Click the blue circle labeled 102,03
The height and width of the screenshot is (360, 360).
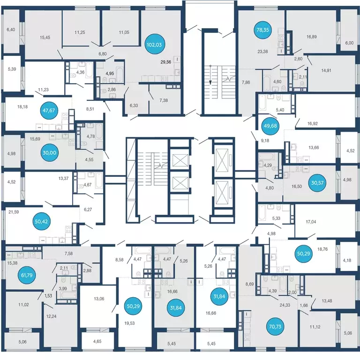pyautogui.click(x=154, y=45)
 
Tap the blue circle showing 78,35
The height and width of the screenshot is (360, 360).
pyautogui.click(x=262, y=30)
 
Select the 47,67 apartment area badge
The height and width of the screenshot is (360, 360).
pyautogui.click(x=49, y=111)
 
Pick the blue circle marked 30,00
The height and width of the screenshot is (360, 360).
pyautogui.click(x=49, y=153)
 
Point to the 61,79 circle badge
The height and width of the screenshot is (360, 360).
pyautogui.click(x=27, y=275)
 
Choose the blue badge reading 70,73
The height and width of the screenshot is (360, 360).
pyautogui.click(x=275, y=326)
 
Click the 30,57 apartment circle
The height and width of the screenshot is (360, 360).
pyautogui.click(x=317, y=183)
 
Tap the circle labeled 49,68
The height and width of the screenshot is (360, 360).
pyautogui.click(x=270, y=126)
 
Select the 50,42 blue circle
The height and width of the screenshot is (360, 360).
pyautogui.click(x=41, y=221)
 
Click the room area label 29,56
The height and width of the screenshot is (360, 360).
pyautogui.click(x=166, y=62)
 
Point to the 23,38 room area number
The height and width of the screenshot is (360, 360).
pyautogui.click(x=262, y=52)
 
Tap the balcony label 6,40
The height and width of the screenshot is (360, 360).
pyautogui.click(x=11, y=30)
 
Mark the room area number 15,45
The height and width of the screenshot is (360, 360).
pyautogui.click(x=45, y=37)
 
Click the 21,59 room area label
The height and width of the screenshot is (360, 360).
pyautogui.click(x=14, y=212)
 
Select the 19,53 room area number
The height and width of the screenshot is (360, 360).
pyautogui.click(x=129, y=323)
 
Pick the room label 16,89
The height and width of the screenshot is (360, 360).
pyautogui.click(x=312, y=37)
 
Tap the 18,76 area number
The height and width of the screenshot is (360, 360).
pyautogui.click(x=322, y=249)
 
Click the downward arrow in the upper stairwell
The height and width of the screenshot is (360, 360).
pyautogui.click(x=210, y=75)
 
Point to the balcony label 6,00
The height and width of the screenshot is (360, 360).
pyautogui.click(x=349, y=43)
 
